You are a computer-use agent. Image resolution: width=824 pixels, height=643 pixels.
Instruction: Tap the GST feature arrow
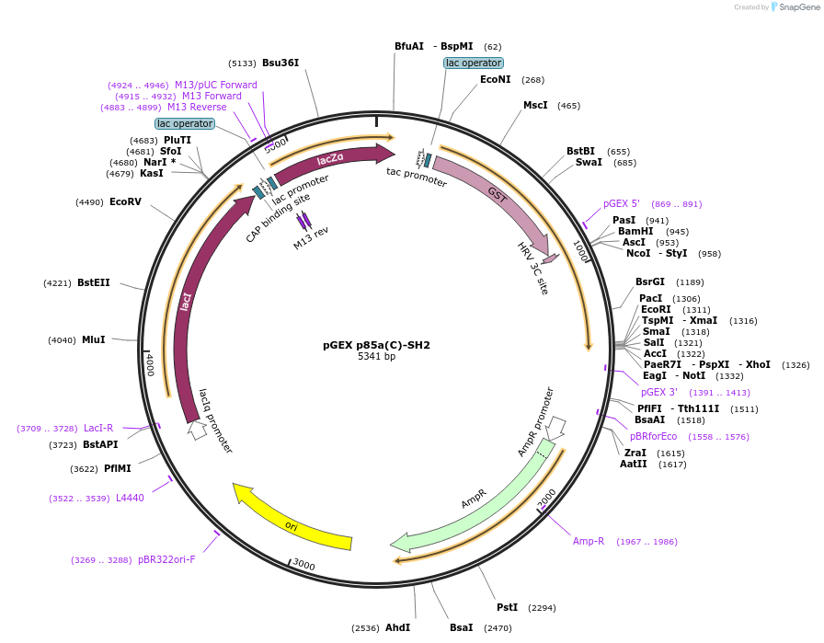(492, 197)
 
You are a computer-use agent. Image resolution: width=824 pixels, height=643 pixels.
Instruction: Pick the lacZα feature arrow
(331, 160)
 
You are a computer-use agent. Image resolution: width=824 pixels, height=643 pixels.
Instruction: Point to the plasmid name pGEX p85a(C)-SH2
(376, 345)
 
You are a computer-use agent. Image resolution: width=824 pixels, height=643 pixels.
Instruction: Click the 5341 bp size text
(376, 357)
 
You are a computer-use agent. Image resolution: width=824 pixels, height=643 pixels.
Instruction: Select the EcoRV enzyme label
(125, 201)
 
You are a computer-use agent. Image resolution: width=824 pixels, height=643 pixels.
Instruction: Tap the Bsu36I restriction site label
(280, 63)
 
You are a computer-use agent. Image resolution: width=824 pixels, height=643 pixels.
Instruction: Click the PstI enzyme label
(507, 607)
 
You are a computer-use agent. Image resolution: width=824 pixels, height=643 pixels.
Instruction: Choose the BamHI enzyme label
(635, 231)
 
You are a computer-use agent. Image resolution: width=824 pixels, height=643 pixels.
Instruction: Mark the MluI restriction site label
(93, 339)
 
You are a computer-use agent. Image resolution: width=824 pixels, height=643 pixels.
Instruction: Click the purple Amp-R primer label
(589, 541)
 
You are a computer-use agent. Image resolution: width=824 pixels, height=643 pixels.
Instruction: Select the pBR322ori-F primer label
(166, 559)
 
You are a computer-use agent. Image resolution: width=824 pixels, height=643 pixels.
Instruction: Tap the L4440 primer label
(130, 498)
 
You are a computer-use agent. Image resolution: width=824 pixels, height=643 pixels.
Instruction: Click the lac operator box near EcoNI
(473, 63)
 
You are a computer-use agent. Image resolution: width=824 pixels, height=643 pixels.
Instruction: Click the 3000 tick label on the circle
(303, 565)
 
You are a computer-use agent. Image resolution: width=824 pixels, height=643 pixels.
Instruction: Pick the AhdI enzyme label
(397, 627)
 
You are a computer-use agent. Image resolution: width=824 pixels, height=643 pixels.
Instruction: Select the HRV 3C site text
(532, 269)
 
